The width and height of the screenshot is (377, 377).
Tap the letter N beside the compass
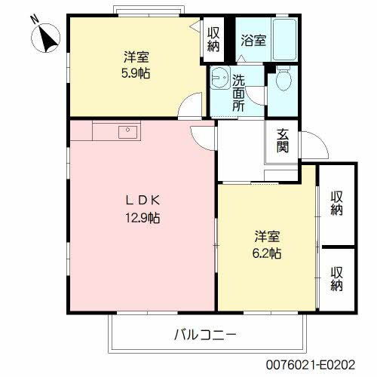click(35, 20)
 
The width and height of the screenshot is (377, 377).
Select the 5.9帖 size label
click(136, 73)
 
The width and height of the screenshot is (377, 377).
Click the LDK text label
click(143, 201)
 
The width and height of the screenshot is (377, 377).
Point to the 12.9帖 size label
click(143, 218)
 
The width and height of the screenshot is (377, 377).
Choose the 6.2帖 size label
click(267, 253)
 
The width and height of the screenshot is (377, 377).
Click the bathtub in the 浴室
click(284, 39)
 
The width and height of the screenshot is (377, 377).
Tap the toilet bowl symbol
click(284, 78)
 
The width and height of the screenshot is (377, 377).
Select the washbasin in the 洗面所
click(220, 77)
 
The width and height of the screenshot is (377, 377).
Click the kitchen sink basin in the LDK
click(127, 132)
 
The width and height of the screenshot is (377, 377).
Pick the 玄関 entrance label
click(283, 141)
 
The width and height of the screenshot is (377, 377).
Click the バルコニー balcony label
click(205, 335)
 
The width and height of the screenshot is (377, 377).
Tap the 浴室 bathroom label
click(253, 40)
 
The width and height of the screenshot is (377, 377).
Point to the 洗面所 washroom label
click(238, 93)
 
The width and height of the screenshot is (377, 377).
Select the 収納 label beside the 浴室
click(213, 39)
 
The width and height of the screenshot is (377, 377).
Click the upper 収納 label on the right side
click(336, 204)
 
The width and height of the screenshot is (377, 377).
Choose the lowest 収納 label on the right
click(336, 279)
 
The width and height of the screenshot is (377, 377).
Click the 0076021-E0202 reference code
click(311, 364)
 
